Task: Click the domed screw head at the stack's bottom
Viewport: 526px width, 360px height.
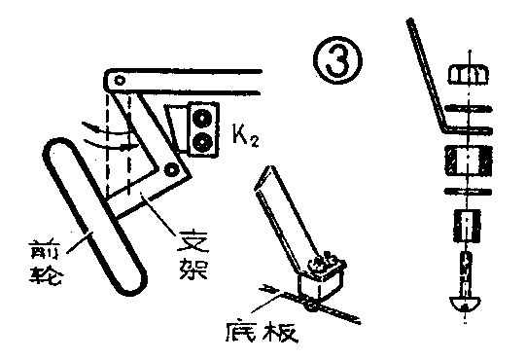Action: coord(465,303)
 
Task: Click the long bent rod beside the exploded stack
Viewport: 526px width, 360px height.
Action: coord(424,68)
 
